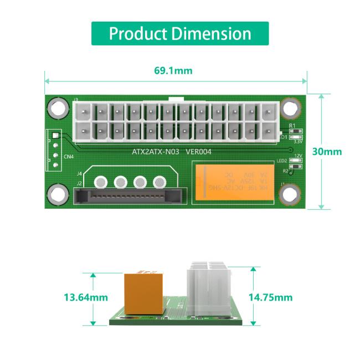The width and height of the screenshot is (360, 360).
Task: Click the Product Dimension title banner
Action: pyautogui.click(x=179, y=33)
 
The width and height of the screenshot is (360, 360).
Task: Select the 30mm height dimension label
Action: pyautogui.click(x=327, y=151)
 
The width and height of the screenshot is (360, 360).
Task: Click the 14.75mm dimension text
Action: pyautogui.click(x=270, y=297)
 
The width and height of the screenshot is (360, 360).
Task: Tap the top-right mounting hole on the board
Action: pyautogui.click(x=290, y=107)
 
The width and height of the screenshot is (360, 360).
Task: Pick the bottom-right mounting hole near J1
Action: pyautogui.click(x=290, y=194)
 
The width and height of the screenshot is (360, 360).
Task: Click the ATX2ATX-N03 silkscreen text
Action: pyautogui.click(x=156, y=151)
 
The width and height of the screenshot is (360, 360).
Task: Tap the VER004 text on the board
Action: pyautogui.click(x=198, y=151)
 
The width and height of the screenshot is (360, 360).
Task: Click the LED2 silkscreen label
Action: pyautogui.click(x=282, y=161)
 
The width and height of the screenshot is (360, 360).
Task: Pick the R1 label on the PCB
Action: pyautogui.click(x=292, y=126)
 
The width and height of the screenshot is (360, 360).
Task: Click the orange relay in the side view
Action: pyautogui.click(x=143, y=294)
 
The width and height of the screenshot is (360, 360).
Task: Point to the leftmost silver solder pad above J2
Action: pyautogui.click(x=101, y=182)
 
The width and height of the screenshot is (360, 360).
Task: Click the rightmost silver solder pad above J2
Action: pyautogui.click(x=160, y=182)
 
